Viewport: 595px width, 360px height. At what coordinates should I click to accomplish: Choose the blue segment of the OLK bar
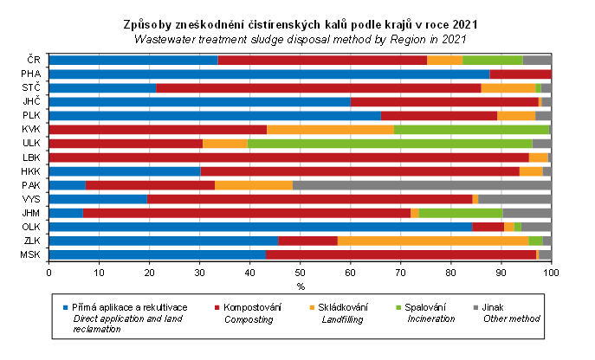(x=260, y=227)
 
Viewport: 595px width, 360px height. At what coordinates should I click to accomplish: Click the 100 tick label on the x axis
(x=551, y=273)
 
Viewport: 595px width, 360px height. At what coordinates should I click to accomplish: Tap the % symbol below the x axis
(x=301, y=286)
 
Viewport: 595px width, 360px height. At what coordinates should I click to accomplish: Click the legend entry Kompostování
(x=251, y=307)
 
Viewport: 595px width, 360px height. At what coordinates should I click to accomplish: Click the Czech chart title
(x=301, y=26)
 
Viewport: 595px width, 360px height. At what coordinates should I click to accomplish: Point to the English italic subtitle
(x=301, y=39)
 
